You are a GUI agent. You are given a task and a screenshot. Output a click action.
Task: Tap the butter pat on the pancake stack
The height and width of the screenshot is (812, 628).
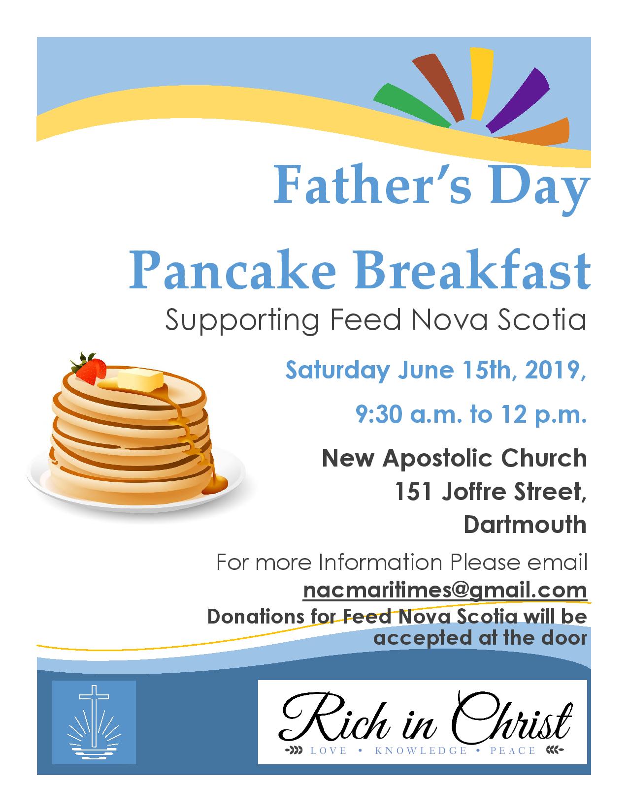tap(140, 380)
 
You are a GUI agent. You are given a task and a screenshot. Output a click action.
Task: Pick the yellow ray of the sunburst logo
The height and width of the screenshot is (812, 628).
tap(481, 84)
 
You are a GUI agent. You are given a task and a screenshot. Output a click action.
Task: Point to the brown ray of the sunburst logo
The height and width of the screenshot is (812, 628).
tap(439, 88)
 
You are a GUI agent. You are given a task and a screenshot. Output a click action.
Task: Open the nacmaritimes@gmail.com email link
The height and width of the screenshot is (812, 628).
tap(445, 591)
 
